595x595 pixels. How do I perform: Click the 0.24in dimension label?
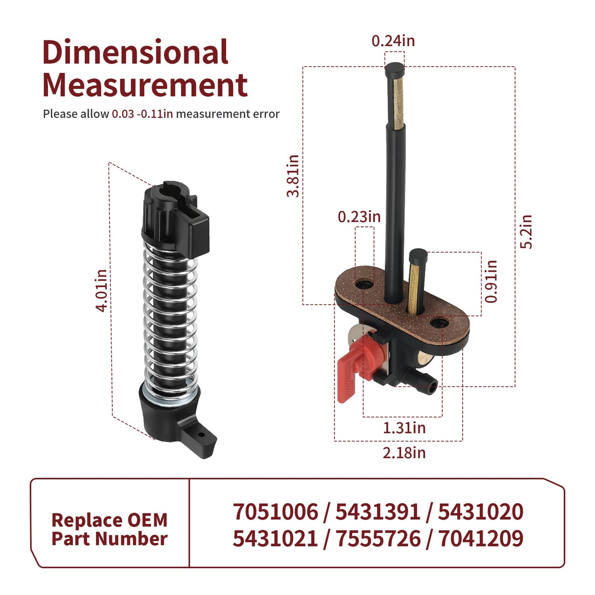[393, 41]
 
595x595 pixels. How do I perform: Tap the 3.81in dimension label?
[293, 176]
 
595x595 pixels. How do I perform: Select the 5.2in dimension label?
[526, 231]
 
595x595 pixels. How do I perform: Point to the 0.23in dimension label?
[359, 217]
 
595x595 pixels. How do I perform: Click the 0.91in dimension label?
[491, 281]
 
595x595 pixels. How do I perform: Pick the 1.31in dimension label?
[404, 428]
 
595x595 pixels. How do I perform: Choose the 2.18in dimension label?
[404, 453]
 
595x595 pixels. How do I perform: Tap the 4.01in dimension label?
[101, 291]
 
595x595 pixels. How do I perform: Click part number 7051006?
[275, 512]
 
